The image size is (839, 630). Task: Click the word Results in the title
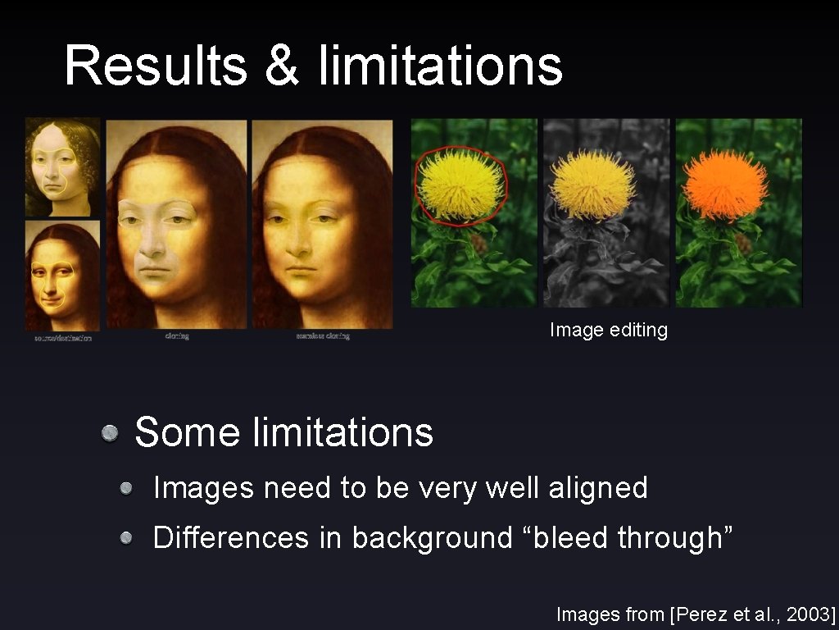[156, 66]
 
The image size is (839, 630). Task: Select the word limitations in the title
[441, 66]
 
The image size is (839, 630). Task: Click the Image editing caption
[609, 330]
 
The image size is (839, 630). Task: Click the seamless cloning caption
[323, 336]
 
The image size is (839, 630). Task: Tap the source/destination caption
[63, 337]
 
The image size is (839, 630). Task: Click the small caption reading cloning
[177, 336]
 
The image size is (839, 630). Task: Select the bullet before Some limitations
[110, 432]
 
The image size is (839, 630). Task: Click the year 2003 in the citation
[807, 614]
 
